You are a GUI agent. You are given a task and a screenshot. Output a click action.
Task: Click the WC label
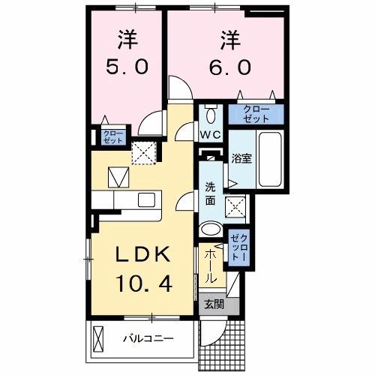click(209, 136)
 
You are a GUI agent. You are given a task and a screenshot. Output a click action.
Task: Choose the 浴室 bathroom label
click(241, 159)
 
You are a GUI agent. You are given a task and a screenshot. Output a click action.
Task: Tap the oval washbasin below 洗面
click(211, 230)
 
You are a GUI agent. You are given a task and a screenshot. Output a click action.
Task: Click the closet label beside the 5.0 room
click(108, 136)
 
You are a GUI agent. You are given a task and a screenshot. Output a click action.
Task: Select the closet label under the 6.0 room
click(256, 115)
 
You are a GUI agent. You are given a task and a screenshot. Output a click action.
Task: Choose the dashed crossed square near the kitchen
click(142, 152)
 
